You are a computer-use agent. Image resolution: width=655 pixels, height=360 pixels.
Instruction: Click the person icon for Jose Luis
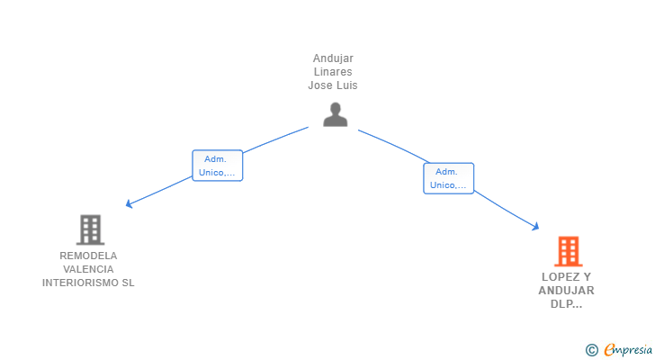pyautogui.click(x=335, y=114)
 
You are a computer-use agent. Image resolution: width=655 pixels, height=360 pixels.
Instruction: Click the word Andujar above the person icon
pyautogui.click(x=333, y=58)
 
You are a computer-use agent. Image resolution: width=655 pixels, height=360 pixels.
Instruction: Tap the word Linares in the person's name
pyautogui.click(x=333, y=72)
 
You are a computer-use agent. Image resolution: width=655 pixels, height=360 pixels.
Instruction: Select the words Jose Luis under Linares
pyautogui.click(x=333, y=85)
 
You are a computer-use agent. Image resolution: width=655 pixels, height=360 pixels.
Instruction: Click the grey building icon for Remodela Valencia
pyautogui.click(x=90, y=229)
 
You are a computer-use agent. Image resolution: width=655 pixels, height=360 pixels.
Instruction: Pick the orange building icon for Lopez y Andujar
pyautogui.click(x=567, y=251)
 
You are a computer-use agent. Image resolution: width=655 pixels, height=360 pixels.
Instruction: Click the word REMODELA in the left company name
pyautogui.click(x=88, y=256)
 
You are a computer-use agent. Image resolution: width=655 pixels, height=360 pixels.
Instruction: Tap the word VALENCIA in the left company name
pyautogui.click(x=88, y=269)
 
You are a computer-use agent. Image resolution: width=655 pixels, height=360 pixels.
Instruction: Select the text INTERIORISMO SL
pyautogui.click(x=88, y=283)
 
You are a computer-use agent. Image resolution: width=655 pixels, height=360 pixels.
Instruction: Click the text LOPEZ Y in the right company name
pyautogui.click(x=566, y=277)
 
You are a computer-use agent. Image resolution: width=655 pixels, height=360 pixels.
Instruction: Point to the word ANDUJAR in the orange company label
pyautogui.click(x=566, y=291)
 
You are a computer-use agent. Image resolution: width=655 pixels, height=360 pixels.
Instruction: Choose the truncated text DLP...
pyautogui.click(x=566, y=304)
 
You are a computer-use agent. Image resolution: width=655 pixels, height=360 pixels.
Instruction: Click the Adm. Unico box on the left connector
pyautogui.click(x=217, y=166)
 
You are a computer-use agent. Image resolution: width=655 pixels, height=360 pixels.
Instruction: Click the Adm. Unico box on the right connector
pyautogui.click(x=448, y=178)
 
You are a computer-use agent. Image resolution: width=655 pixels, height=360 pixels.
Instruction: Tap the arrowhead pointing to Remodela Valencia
pyautogui.click(x=129, y=205)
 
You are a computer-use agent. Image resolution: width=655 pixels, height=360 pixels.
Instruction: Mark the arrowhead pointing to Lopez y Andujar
pyautogui.click(x=536, y=228)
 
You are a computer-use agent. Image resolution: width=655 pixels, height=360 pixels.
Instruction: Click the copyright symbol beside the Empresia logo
pyautogui.click(x=591, y=349)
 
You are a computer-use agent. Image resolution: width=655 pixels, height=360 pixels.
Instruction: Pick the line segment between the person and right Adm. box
pyautogui.click(x=391, y=145)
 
